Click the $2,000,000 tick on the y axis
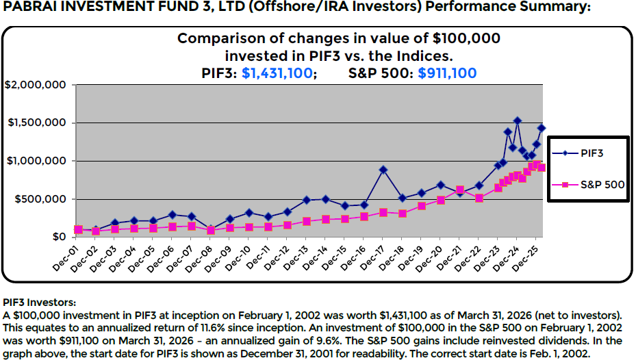pyautogui.click(x=35, y=85)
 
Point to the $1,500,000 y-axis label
pyautogui.click(x=35, y=123)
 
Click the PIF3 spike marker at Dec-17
pyautogui.click(x=383, y=170)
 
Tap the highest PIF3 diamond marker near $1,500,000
pyautogui.click(x=517, y=121)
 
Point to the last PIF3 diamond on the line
pyautogui.click(x=541, y=128)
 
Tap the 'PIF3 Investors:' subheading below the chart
pyautogui.click(x=40, y=301)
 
